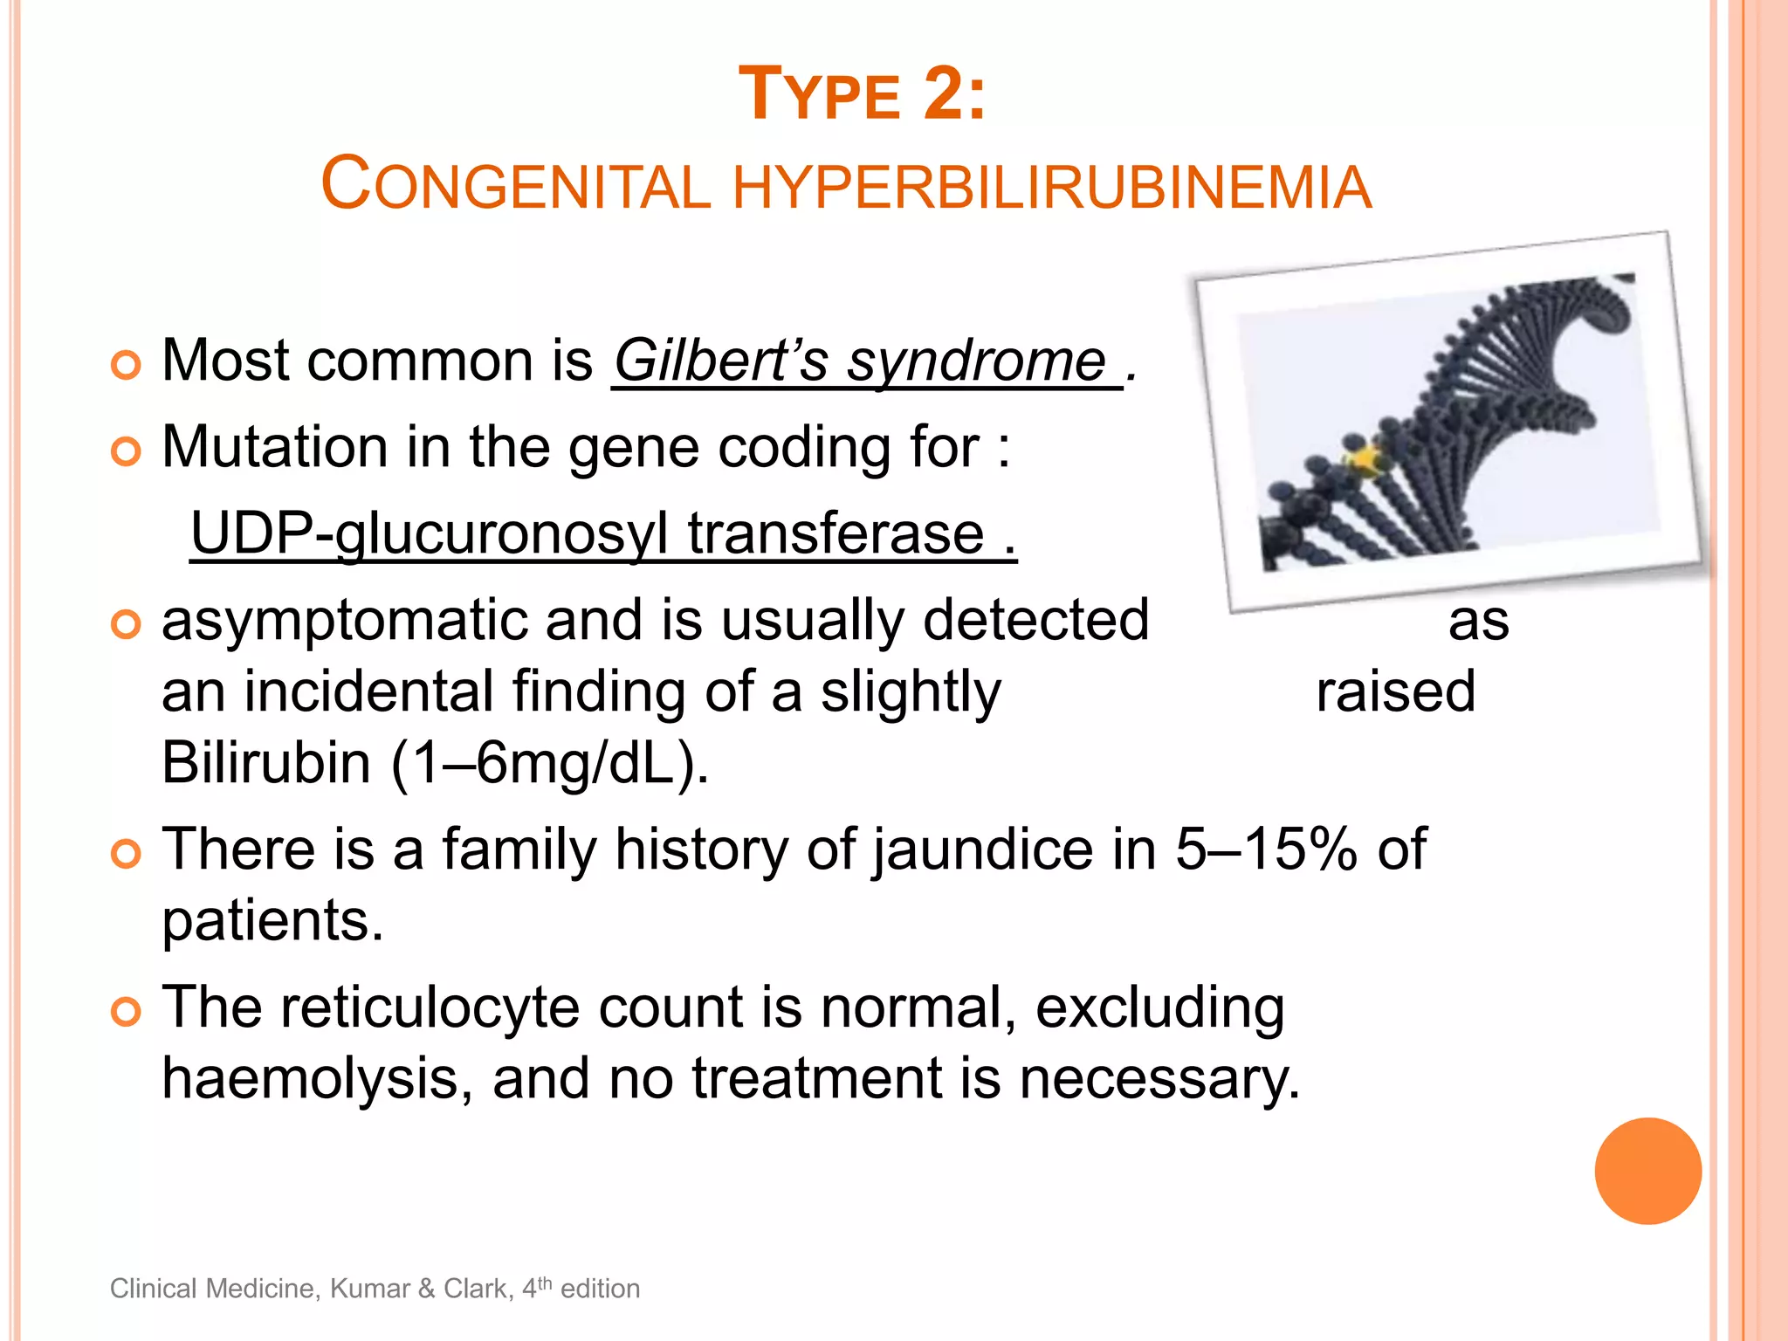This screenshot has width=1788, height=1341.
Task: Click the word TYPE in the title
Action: tap(820, 95)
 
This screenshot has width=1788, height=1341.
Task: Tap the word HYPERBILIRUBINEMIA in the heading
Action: tap(1051, 187)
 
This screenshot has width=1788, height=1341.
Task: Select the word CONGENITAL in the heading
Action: tap(516, 185)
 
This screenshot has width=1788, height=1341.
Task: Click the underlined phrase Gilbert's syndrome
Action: tap(860, 361)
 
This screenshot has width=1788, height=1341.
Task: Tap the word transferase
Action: tap(836, 533)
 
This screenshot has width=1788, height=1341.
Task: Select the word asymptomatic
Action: tap(344, 622)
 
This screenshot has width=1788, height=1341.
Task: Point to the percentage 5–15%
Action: tap(1266, 849)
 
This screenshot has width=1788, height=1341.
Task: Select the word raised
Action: tap(1395, 692)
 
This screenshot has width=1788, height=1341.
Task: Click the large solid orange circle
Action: tap(1647, 1171)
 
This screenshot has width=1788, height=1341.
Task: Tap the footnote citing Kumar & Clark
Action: tap(375, 1289)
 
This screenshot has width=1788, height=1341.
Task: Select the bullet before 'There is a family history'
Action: tap(127, 853)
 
